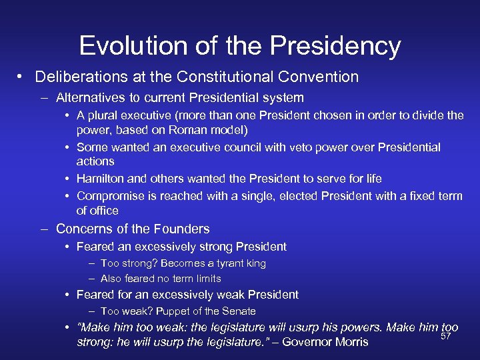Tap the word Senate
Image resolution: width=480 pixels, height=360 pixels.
point(239,311)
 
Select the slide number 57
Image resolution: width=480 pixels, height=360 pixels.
point(446,336)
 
